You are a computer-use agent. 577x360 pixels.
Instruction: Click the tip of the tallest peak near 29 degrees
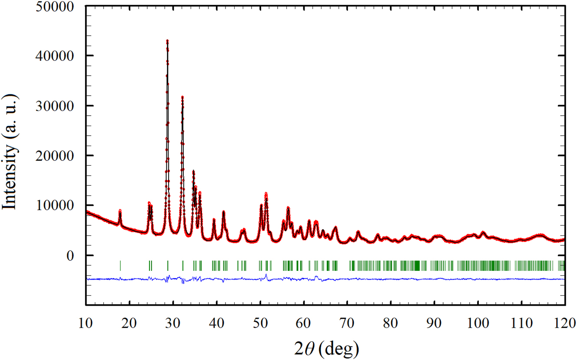[167, 40]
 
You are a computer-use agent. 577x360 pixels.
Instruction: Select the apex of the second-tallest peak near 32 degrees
[182, 97]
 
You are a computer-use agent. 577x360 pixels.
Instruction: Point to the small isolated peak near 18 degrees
[120, 210]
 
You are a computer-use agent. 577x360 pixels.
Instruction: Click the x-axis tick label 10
[86, 324]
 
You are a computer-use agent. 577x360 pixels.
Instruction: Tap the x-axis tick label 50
[260, 324]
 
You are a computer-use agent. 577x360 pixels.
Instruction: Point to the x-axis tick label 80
[391, 324]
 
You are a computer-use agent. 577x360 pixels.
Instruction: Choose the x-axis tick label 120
[564, 324]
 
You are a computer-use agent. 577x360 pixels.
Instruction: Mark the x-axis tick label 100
[478, 324]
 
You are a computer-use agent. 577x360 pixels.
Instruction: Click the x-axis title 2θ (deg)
[325, 347]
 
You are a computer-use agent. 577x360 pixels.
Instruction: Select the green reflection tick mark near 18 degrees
[120, 265]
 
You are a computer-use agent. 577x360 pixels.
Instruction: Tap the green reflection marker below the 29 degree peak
[168, 265]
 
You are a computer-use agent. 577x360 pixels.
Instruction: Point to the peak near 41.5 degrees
[223, 212]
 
